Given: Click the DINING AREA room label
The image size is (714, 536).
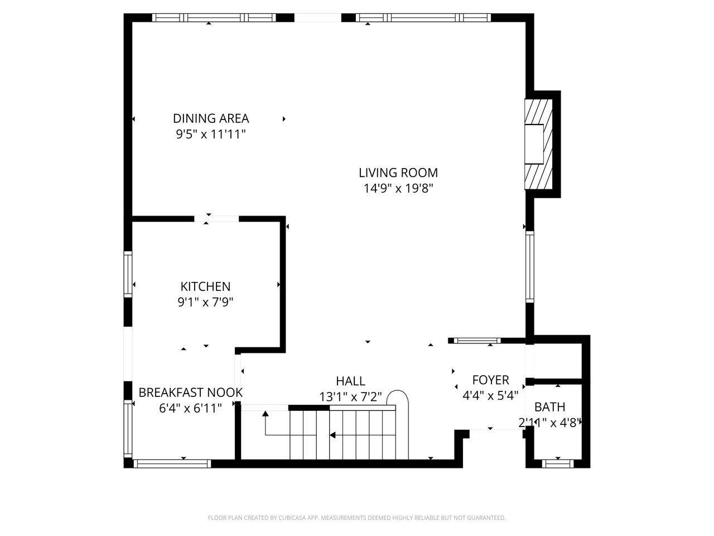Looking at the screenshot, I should click(211, 118).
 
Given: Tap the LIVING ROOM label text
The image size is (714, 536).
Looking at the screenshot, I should click(398, 173).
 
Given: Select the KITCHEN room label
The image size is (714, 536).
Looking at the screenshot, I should click(205, 286).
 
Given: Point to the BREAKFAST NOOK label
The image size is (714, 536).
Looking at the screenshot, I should click(190, 393).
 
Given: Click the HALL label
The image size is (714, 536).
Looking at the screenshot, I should click(350, 381).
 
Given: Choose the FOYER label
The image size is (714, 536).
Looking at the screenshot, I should click(490, 380).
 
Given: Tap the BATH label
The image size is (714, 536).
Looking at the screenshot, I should click(549, 407).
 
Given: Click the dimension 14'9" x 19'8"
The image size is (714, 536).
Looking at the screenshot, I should click(398, 189).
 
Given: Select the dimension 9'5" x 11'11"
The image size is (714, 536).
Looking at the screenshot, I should click(211, 135).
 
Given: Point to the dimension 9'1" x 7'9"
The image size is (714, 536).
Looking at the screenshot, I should click(205, 303).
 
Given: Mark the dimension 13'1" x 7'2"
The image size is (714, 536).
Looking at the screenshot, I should click(350, 397).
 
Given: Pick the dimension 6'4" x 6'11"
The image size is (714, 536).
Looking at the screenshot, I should click(190, 409).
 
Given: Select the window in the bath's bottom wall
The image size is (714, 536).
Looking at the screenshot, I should click(558, 463).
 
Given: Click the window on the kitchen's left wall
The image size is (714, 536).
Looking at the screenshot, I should click(128, 274).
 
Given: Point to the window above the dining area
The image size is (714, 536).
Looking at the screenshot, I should click(214, 18).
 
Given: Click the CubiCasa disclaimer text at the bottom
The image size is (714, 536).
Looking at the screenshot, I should click(357, 518).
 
